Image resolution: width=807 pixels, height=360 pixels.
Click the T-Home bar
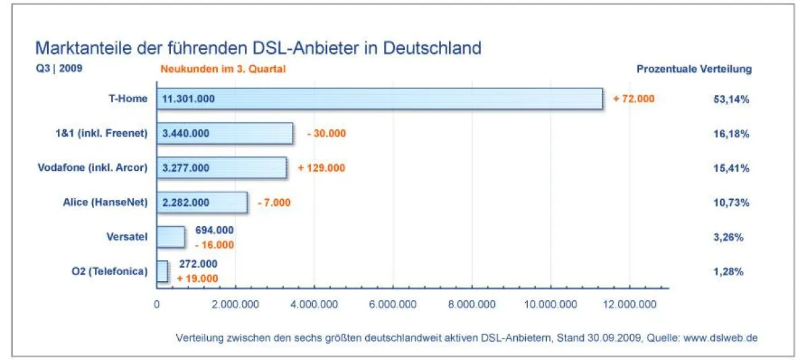[x=379, y=99]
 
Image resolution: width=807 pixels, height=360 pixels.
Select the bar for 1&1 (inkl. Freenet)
[x=225, y=133]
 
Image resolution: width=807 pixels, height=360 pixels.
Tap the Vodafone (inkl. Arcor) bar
[x=221, y=168]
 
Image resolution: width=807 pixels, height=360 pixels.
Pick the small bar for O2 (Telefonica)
[x=162, y=271]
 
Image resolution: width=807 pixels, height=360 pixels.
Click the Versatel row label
[x=126, y=237]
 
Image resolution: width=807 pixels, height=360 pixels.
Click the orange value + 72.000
[x=633, y=99]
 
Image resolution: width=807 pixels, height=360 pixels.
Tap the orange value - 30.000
[x=326, y=133]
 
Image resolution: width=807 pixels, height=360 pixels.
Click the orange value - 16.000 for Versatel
[x=214, y=244]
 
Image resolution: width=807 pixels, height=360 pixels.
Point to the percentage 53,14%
[x=731, y=99]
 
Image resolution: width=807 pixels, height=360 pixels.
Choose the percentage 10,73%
[x=731, y=203]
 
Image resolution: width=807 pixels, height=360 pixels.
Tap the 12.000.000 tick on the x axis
[x=629, y=304]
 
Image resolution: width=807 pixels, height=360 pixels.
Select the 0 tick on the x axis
[x=157, y=304]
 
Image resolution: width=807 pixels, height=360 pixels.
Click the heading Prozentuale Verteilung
[x=694, y=69]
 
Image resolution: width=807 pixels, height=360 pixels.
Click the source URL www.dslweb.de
[x=721, y=337]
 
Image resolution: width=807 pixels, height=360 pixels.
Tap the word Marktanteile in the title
[x=76, y=48]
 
